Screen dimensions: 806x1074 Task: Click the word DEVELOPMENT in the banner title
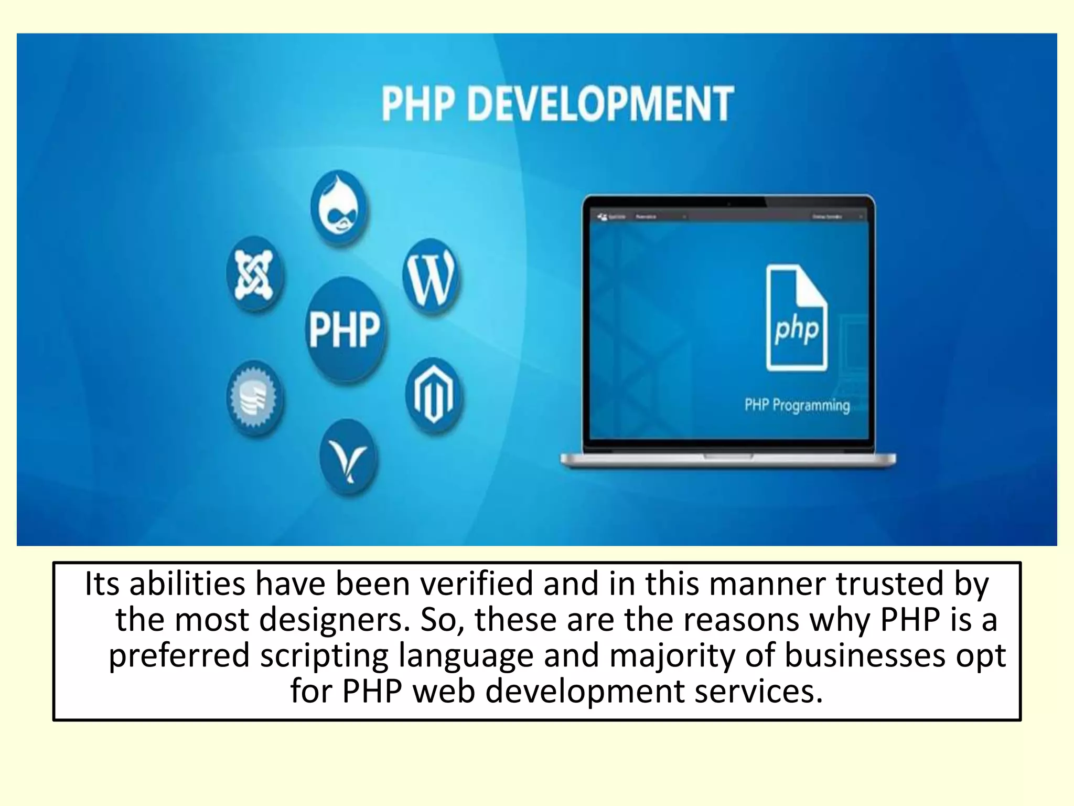coord(600,104)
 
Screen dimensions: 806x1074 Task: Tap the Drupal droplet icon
coord(340,207)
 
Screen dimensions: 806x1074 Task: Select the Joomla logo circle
coord(255,274)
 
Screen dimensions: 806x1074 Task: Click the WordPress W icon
coord(432,276)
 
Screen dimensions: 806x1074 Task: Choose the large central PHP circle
coord(345,330)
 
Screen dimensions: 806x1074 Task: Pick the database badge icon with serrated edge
coord(255,398)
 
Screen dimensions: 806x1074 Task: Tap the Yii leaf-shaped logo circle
coord(348,457)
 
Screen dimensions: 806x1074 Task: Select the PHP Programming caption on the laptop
coord(797,405)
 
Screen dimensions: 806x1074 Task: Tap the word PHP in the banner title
coord(418,104)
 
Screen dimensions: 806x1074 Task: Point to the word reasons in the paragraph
coord(740,619)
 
